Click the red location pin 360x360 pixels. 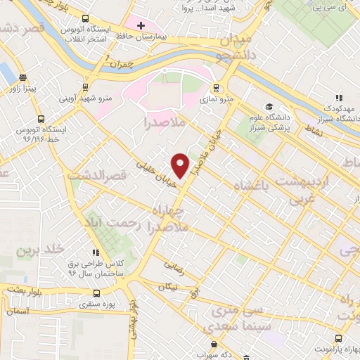181,165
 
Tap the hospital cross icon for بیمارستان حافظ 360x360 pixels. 141,25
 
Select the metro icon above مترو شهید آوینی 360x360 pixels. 86,88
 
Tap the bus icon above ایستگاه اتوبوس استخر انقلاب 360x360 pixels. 86,18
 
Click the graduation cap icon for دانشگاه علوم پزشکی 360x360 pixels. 269,106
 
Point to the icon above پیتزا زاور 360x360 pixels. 23,78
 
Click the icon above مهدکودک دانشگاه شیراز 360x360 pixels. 337,98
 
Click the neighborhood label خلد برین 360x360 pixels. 41,250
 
